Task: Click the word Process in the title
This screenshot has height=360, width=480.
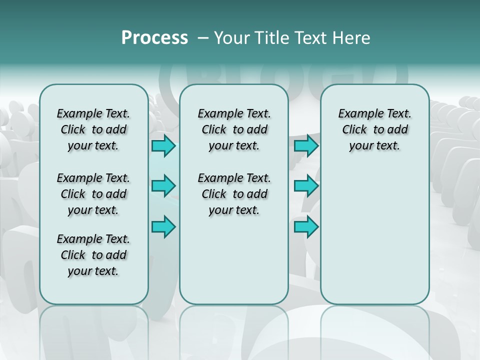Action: [x=154, y=37]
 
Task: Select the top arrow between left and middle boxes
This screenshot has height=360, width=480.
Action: [x=163, y=146]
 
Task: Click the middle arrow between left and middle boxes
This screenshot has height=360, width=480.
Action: [x=163, y=186]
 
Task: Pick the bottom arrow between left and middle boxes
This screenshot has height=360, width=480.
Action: [x=163, y=226]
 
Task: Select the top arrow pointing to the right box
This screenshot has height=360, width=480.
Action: [x=306, y=146]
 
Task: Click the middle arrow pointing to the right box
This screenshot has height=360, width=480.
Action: [x=306, y=186]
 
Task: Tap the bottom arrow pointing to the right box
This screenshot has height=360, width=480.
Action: [x=306, y=226]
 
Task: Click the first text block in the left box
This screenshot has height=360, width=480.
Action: [x=93, y=129]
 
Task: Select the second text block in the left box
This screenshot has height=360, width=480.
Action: [x=93, y=194]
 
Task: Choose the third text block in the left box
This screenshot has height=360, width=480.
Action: [x=93, y=255]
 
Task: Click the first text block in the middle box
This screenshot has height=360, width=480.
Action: [x=234, y=129]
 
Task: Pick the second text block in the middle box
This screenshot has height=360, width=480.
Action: [x=234, y=194]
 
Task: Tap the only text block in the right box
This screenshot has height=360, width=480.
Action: [x=374, y=129]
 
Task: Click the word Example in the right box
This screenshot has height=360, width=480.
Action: [x=357, y=114]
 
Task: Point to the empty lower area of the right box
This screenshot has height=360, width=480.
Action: [x=374, y=235]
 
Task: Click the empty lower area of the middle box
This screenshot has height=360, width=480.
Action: [x=234, y=260]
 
